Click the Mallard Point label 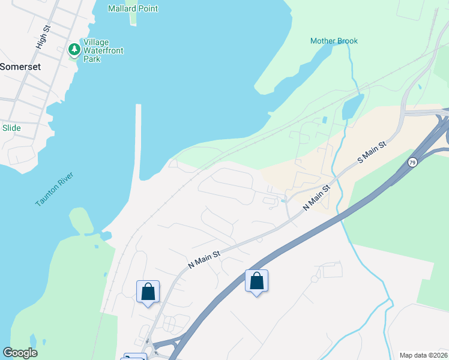click(x=133, y=8)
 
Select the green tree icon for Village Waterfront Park click(x=74, y=49)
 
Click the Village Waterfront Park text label click(x=103, y=51)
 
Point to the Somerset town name click(x=20, y=67)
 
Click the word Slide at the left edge click(x=11, y=128)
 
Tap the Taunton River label click(x=54, y=189)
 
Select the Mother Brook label click(x=334, y=41)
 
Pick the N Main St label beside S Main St click(x=317, y=197)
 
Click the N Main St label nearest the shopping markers click(x=205, y=259)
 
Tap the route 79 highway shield click(x=412, y=163)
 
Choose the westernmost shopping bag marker click(x=148, y=292)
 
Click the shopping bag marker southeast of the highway click(x=256, y=281)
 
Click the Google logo click(x=20, y=353)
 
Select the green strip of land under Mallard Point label click(x=133, y=19)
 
